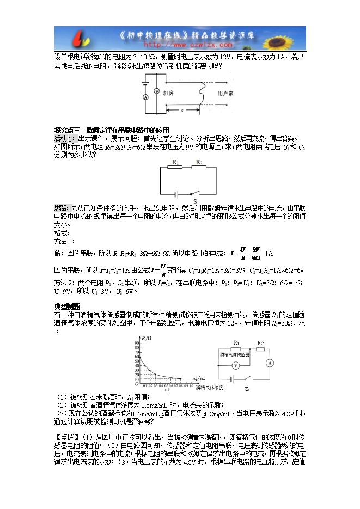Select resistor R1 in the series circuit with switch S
pyautogui.click(x=176, y=168)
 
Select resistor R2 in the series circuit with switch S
pyautogui.click(x=200, y=168)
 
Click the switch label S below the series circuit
pyautogui.click(x=194, y=201)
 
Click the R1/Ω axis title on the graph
pyautogui.click(x=147, y=339)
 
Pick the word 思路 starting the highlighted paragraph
pyautogui.click(x=62, y=208)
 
